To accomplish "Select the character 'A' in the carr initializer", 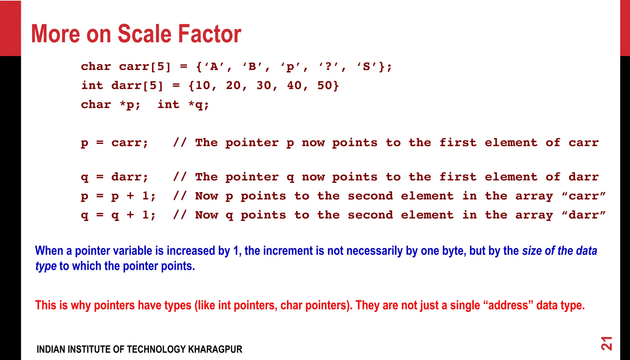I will [214, 67].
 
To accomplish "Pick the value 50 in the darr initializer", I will [325, 85].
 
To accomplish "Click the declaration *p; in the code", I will [130, 105].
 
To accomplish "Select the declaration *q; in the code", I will [199, 105].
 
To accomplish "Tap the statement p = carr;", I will [115, 143].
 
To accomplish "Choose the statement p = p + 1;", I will [118, 196].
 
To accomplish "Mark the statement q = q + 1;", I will [118, 215].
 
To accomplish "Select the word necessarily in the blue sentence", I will [365, 251].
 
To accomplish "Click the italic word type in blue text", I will [46, 266].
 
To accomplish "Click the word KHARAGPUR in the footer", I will [215, 349].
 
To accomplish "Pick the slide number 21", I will [607, 343].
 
